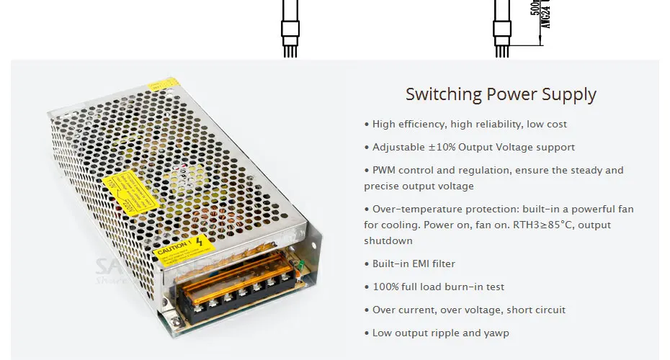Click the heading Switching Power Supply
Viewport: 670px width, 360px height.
click(501, 94)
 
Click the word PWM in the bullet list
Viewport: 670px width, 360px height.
click(384, 171)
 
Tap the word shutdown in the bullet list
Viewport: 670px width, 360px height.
click(388, 241)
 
